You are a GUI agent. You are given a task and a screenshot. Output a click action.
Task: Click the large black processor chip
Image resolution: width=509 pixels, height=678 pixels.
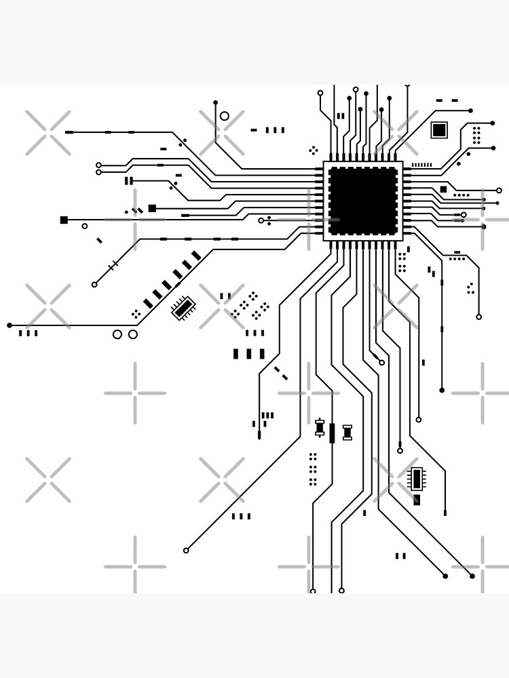(363, 201)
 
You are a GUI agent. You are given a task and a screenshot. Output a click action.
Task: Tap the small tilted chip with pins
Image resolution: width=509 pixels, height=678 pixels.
(183, 308)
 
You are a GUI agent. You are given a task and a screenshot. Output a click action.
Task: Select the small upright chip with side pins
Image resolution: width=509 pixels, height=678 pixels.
(417, 479)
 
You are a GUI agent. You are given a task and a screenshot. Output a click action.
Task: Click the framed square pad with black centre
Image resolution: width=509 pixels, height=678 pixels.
(439, 129)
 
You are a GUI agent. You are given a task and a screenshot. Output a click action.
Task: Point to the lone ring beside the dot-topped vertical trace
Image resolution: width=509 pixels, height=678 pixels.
(225, 116)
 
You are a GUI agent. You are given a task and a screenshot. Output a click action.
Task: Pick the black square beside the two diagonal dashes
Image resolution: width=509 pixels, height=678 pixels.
(152, 208)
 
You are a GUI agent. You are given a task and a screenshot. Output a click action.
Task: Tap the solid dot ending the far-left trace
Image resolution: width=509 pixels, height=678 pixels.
(10, 325)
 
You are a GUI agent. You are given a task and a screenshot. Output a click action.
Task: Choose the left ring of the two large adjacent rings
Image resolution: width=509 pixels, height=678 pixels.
(117, 334)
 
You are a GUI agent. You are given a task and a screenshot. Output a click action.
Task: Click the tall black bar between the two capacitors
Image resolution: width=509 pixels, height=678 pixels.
(332, 433)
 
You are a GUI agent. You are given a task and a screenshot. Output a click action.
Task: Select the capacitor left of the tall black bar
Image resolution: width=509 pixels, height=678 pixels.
(320, 428)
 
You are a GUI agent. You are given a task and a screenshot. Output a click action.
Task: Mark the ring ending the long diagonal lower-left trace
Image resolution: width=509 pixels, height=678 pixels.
(186, 551)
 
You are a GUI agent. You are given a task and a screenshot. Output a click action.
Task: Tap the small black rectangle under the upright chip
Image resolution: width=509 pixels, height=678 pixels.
(417, 500)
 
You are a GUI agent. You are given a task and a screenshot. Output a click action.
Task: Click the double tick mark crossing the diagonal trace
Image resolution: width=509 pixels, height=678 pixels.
(113, 265)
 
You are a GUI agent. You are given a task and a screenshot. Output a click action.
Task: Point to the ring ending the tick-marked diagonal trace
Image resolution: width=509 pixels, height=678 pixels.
(94, 285)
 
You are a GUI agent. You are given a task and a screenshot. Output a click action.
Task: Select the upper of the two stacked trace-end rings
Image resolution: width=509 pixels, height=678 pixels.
(98, 165)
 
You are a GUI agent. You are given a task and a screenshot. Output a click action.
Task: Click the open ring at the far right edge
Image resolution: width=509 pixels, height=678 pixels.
(499, 191)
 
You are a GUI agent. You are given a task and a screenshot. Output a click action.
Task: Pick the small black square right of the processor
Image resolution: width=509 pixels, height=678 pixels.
(443, 189)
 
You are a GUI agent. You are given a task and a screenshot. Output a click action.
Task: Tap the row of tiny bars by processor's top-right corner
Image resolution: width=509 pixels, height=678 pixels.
(421, 165)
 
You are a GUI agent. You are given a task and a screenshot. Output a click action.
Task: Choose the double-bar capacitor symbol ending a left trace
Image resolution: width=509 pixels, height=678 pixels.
(128, 180)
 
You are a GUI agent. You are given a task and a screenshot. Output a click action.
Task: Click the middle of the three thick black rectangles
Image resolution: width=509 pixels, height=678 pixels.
(248, 354)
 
